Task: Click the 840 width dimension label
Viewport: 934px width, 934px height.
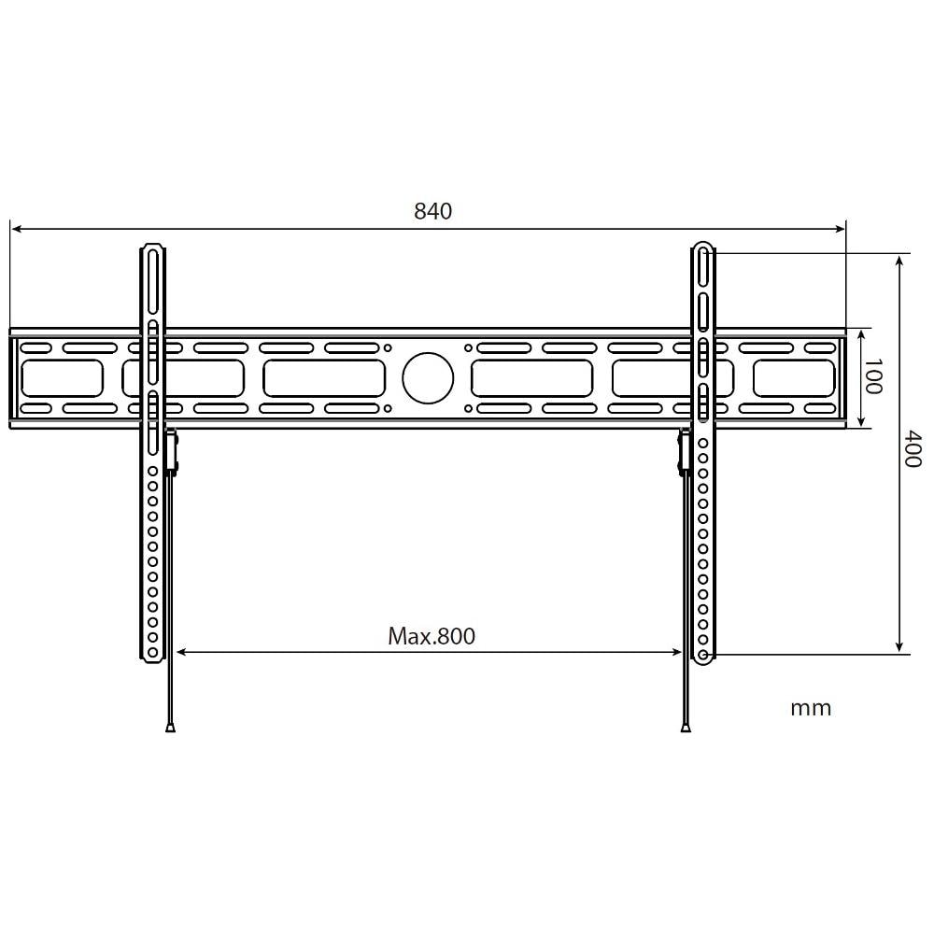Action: coord(432,211)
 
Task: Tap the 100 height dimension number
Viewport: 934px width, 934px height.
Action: coord(871,376)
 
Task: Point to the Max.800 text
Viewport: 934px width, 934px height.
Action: coord(432,637)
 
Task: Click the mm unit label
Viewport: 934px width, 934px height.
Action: coord(811,708)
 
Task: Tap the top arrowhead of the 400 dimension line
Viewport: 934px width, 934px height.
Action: coord(899,259)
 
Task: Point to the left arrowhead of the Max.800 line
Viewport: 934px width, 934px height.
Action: coord(181,653)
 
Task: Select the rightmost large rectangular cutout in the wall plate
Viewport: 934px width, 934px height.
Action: coord(794,378)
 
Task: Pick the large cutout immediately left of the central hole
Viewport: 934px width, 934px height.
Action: coord(324,378)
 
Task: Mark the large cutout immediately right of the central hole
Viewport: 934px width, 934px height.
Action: coord(531,378)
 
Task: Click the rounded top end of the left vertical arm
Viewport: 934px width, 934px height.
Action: coord(152,249)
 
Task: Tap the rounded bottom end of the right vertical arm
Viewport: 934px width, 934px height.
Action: coord(702,657)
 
